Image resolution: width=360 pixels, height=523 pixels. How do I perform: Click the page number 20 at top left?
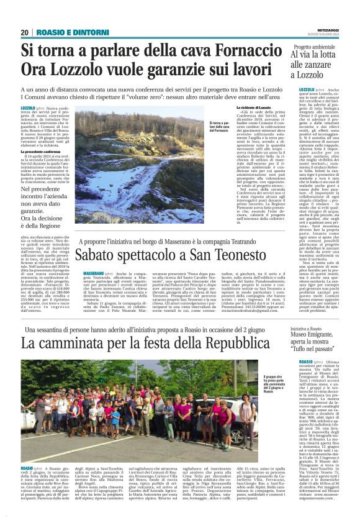point(25,32)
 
